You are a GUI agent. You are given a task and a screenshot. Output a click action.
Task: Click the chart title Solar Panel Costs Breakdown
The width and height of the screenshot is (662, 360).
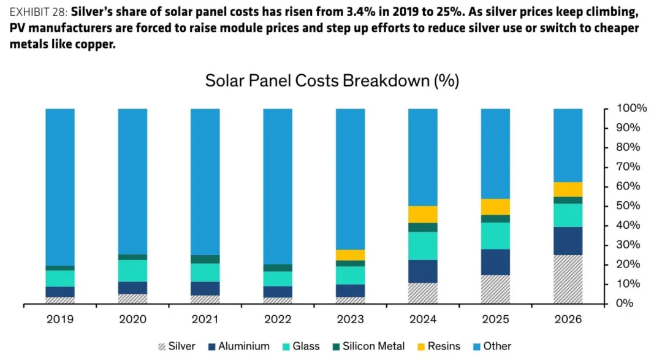coord(332,81)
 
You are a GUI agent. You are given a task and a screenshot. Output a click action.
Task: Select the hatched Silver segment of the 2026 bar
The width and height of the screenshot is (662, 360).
coord(568,279)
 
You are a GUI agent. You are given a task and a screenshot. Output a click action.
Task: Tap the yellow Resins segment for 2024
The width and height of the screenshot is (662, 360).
coord(423,214)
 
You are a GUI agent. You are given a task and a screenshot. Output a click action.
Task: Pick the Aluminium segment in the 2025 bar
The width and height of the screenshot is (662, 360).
coord(495,262)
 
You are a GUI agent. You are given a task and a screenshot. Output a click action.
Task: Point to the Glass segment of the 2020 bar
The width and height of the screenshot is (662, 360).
coord(132,270)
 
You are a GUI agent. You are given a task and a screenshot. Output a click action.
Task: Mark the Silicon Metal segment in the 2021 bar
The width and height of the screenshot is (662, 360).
coord(205,259)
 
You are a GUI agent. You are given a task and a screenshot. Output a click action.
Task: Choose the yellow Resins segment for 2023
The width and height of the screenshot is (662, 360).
coord(350,255)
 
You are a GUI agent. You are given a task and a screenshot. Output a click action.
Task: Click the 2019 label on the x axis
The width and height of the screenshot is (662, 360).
coord(60,320)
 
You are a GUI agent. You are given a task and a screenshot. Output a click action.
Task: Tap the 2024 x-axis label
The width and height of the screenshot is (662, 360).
coord(423,320)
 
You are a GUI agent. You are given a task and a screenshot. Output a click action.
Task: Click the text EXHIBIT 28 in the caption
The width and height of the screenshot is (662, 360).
coord(38,12)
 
